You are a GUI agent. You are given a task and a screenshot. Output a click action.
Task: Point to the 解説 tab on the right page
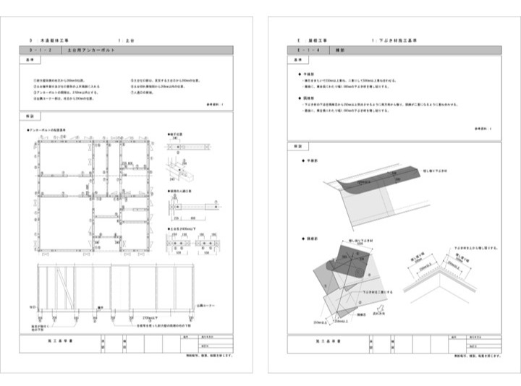pyautogui.click(x=295, y=146)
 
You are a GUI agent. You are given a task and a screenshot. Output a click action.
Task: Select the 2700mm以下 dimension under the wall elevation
pyautogui.click(x=151, y=317)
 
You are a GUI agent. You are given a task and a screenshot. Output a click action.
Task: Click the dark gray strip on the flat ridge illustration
pyautogui.click(x=384, y=176)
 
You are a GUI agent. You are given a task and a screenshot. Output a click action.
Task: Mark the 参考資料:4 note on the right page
pyautogui.click(x=484, y=127)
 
